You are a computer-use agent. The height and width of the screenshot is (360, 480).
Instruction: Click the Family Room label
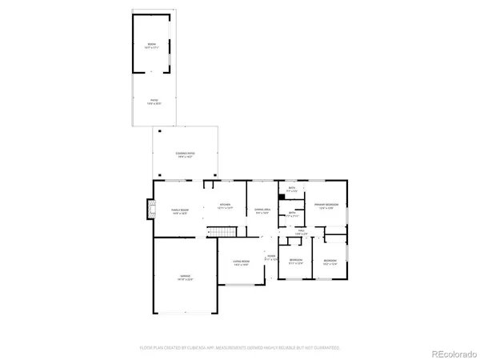179,211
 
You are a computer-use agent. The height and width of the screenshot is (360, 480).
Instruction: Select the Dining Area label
262,210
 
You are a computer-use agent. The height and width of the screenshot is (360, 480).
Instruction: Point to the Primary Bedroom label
326,206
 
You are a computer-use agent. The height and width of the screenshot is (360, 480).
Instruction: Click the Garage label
185,278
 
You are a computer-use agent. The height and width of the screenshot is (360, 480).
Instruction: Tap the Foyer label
271,258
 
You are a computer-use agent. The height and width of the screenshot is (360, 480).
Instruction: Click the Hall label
302,232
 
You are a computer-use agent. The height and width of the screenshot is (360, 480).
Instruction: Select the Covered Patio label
185,154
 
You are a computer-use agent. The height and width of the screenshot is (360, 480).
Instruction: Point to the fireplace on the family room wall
148,210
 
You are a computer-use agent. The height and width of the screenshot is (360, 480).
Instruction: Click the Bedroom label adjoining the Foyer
296,261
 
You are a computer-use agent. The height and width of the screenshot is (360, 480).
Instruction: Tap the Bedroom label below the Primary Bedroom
330,261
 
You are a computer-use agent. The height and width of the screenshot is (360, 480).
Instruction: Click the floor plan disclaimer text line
240,348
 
